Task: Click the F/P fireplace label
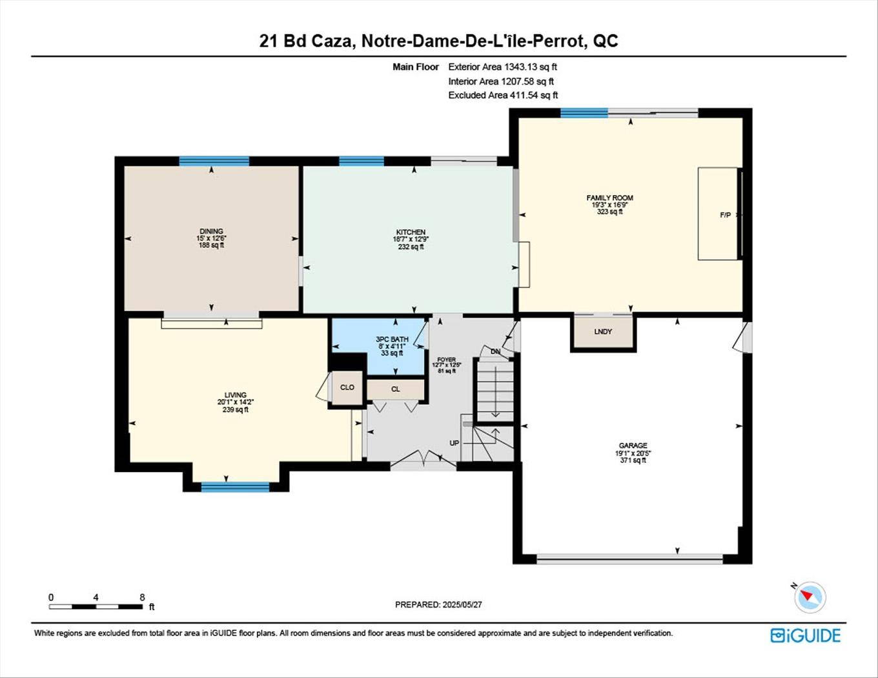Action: click(x=725, y=215)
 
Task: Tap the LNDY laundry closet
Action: click(x=603, y=331)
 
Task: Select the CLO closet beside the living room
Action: click(x=347, y=387)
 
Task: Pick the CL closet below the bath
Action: click(x=396, y=389)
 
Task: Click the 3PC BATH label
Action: click(x=392, y=339)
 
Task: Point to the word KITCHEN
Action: click(x=411, y=232)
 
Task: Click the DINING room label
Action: click(x=211, y=231)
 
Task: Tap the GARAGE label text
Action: click(x=633, y=446)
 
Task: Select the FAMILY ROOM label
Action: click(x=609, y=198)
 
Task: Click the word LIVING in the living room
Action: click(x=236, y=395)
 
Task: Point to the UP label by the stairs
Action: click(x=454, y=443)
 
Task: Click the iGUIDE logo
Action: click(x=805, y=635)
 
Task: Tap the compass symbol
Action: click(x=809, y=596)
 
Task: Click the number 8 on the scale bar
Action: click(x=142, y=597)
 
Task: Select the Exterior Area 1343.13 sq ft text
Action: click(x=503, y=67)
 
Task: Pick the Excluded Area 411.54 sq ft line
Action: click(x=503, y=96)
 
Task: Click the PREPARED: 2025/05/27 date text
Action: click(x=438, y=605)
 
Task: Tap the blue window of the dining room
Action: click(x=214, y=161)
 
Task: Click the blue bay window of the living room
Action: click(x=235, y=487)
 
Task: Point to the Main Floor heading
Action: click(x=416, y=67)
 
